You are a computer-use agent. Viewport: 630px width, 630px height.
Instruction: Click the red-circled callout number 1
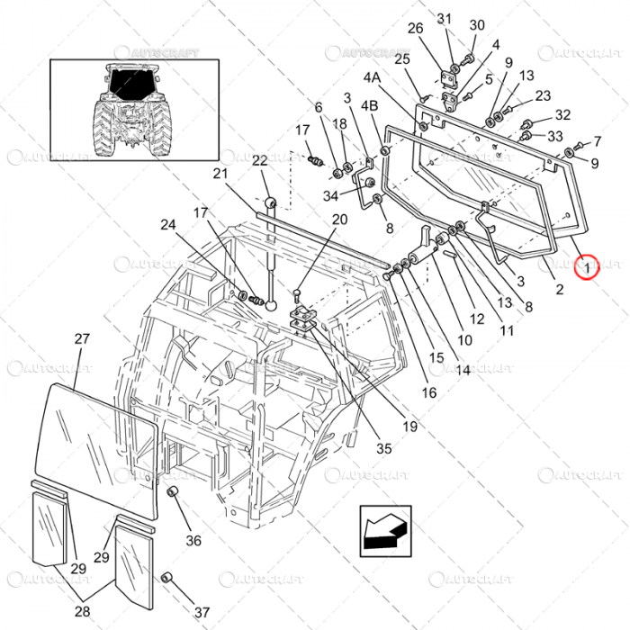586,266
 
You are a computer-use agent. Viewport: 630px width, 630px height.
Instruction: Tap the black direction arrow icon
384,528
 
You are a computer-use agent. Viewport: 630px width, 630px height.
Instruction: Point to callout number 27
82,339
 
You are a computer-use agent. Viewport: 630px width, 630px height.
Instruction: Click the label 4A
372,78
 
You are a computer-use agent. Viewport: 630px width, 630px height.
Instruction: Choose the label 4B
369,105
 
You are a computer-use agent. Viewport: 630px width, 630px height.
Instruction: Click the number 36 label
193,541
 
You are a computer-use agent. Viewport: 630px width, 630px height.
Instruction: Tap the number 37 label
201,612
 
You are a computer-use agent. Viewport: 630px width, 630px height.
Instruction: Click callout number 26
415,29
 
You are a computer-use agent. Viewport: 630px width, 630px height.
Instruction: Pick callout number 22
260,161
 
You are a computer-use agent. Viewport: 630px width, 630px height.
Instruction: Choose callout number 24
168,225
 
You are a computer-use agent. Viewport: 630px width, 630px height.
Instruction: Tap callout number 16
428,392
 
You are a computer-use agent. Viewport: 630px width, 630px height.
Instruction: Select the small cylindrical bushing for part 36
172,493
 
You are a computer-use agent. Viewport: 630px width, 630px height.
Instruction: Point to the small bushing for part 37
166,577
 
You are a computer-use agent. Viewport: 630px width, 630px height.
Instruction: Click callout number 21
221,174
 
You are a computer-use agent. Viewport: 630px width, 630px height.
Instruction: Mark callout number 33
555,136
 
